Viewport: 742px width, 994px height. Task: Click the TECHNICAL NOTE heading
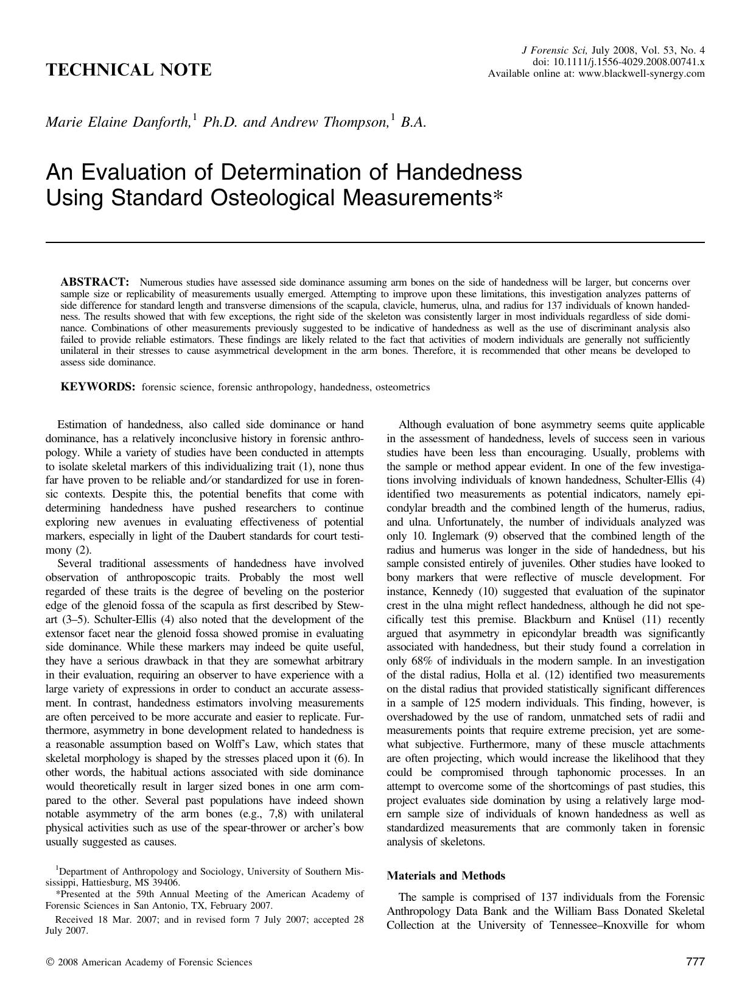click(x=128, y=70)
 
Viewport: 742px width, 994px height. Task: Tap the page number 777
click(x=695, y=962)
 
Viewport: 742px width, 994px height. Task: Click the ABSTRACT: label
click(x=95, y=282)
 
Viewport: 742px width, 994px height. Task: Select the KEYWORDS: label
click(x=97, y=387)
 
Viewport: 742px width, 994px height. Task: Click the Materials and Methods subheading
click(x=446, y=876)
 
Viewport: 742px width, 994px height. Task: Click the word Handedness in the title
click(x=458, y=172)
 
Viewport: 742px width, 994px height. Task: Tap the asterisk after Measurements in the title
click(x=499, y=198)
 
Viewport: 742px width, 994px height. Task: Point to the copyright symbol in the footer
click(x=49, y=963)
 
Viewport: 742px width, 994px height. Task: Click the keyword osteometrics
click(x=402, y=387)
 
